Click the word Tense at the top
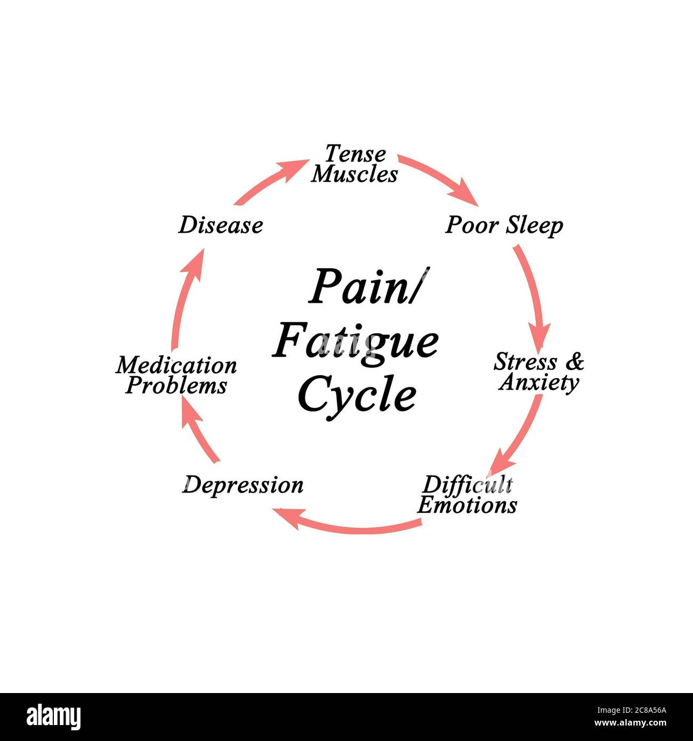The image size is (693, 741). pyautogui.click(x=355, y=154)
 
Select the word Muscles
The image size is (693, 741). pyautogui.click(x=354, y=174)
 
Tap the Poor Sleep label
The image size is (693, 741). pyautogui.click(x=504, y=225)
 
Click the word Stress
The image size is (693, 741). pyautogui.click(x=525, y=362)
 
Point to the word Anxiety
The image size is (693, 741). pyautogui.click(x=539, y=383)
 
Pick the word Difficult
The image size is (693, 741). pyautogui.click(x=468, y=485)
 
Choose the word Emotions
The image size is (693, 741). pyautogui.click(x=467, y=504)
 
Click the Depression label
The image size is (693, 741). pyautogui.click(x=243, y=485)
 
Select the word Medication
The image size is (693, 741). pyautogui.click(x=176, y=365)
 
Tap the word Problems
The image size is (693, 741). pyautogui.click(x=176, y=385)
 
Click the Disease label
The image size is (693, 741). pyautogui.click(x=220, y=225)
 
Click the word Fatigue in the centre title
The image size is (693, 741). pyautogui.click(x=356, y=342)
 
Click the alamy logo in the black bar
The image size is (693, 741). pyautogui.click(x=54, y=717)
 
